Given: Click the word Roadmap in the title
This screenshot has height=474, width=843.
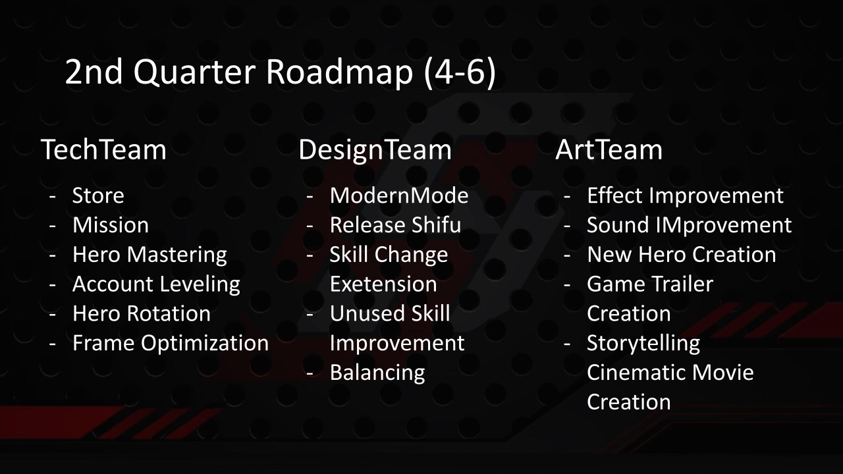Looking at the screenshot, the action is (339, 72).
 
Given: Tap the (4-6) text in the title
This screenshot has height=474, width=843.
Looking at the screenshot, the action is (460, 73).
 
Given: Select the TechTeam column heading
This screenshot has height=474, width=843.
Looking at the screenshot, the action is (103, 149).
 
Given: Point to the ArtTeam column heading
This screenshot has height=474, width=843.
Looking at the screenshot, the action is (609, 149).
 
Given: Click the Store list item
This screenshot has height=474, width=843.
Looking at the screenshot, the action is (98, 196).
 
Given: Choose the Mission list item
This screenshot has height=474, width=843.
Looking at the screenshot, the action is (111, 225).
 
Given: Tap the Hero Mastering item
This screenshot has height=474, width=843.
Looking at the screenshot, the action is (150, 255).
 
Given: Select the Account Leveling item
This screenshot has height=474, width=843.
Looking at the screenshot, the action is (156, 284).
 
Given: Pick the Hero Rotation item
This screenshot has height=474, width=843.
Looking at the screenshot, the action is (142, 314).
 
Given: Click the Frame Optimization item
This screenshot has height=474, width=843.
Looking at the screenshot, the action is (171, 344).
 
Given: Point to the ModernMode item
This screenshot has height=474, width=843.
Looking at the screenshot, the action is (399, 196).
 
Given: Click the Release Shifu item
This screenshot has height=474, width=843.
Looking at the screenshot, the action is (395, 225).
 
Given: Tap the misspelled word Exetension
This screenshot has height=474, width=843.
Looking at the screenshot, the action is (383, 284).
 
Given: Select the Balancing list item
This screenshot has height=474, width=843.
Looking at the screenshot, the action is (377, 373).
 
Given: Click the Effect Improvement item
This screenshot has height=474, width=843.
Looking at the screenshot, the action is (686, 196).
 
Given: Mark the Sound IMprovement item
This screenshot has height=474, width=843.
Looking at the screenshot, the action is (690, 225).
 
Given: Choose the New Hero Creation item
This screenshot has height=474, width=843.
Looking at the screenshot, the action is (682, 255).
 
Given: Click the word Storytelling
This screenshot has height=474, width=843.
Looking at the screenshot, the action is (643, 344).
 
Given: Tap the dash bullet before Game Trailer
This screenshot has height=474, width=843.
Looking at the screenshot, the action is (567, 284).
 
